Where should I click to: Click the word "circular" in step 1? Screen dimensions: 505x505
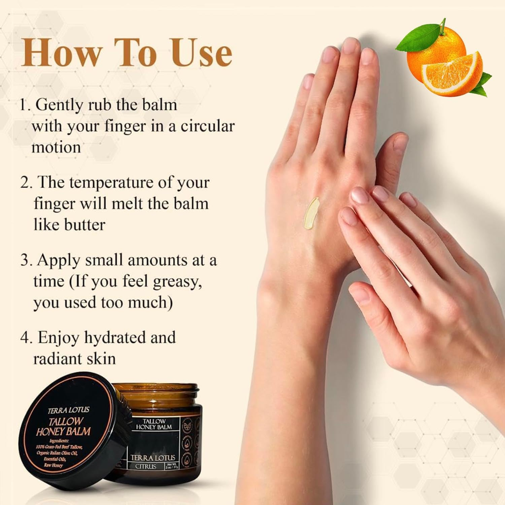point(207,126)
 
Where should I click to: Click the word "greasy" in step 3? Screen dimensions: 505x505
point(177,281)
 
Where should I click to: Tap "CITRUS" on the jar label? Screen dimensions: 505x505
point(146,466)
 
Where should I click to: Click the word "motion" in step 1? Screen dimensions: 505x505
point(56,147)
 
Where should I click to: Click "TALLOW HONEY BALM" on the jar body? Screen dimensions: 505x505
point(154,424)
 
